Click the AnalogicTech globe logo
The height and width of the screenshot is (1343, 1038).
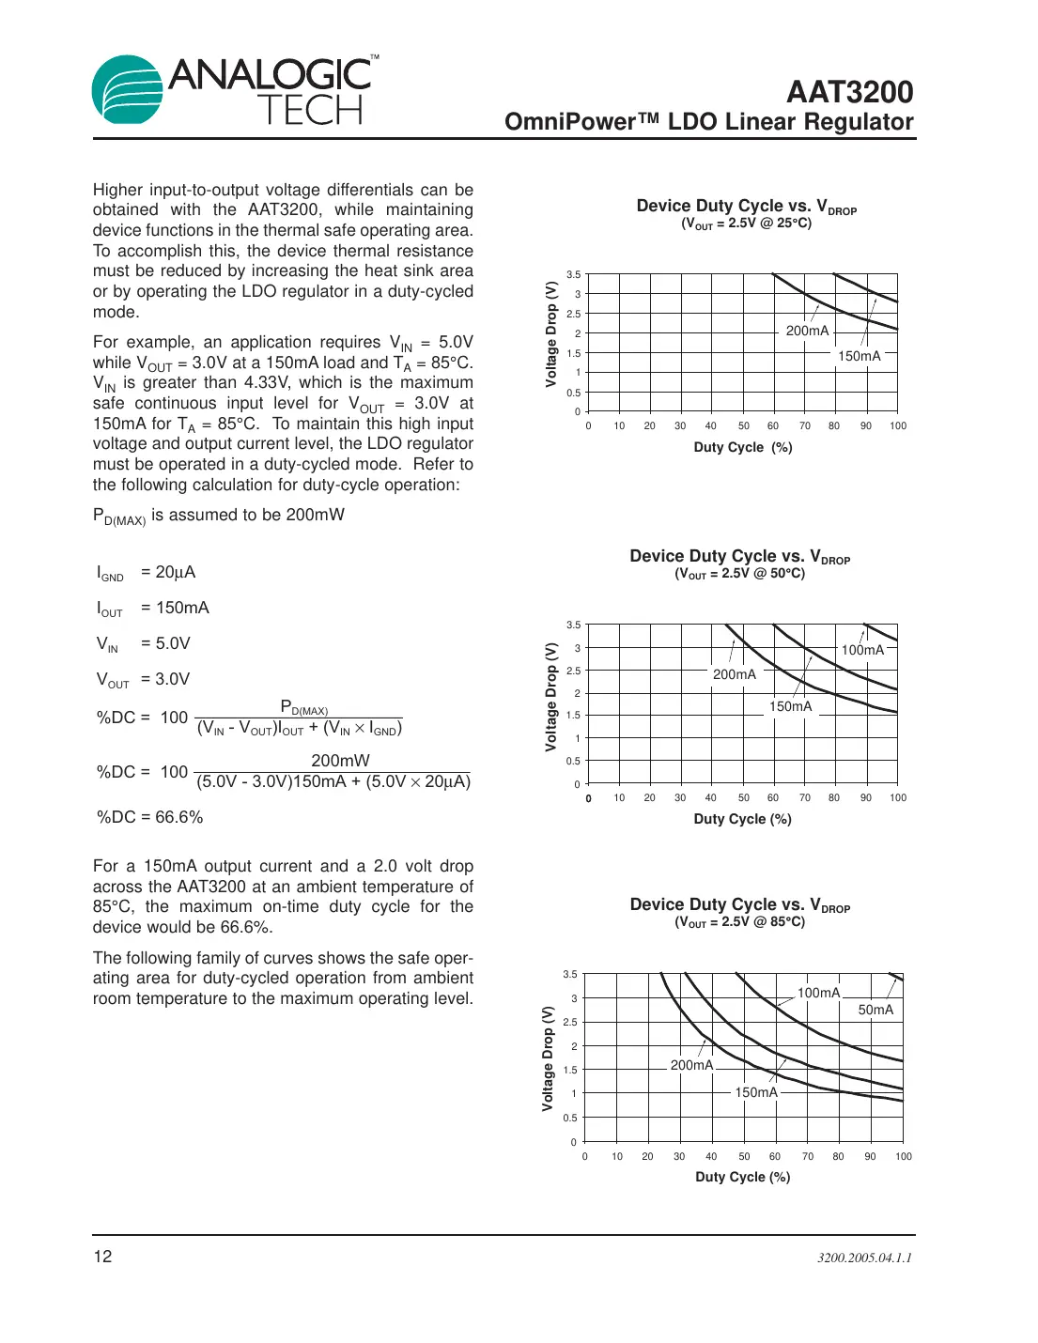128,89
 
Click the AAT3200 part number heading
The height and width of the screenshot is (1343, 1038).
849,92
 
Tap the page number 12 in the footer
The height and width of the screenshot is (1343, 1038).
102,1257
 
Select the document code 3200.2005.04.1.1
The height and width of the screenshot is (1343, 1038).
864,1258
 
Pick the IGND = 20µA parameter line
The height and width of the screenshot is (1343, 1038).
147,573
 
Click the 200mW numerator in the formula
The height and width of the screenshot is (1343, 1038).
340,761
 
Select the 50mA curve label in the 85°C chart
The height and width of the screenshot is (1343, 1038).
875,1010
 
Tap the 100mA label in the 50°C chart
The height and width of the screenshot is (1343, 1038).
862,650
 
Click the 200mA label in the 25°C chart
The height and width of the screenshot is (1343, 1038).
807,331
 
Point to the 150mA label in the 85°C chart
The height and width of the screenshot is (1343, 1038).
756,1092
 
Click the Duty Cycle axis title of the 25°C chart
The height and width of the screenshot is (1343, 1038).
742,447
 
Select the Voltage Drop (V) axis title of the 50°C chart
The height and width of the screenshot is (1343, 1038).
551,697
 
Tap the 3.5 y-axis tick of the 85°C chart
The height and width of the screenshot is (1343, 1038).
570,975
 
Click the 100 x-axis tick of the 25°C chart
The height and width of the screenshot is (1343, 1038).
898,426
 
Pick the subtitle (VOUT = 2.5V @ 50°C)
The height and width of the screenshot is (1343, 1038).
739,574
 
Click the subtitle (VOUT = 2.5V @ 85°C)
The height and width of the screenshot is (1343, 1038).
739,922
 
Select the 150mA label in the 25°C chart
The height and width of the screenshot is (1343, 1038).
859,356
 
